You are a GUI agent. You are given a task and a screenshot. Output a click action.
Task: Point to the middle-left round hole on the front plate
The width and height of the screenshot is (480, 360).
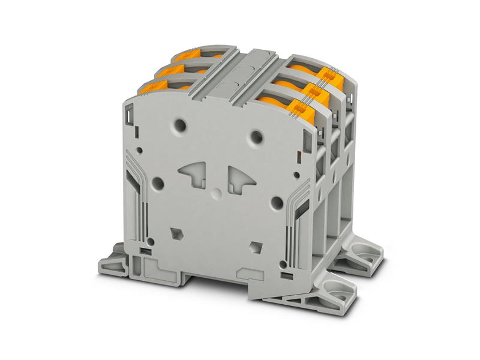point(158,182)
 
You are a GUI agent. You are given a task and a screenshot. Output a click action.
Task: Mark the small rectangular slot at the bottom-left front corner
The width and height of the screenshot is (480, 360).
point(144,248)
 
